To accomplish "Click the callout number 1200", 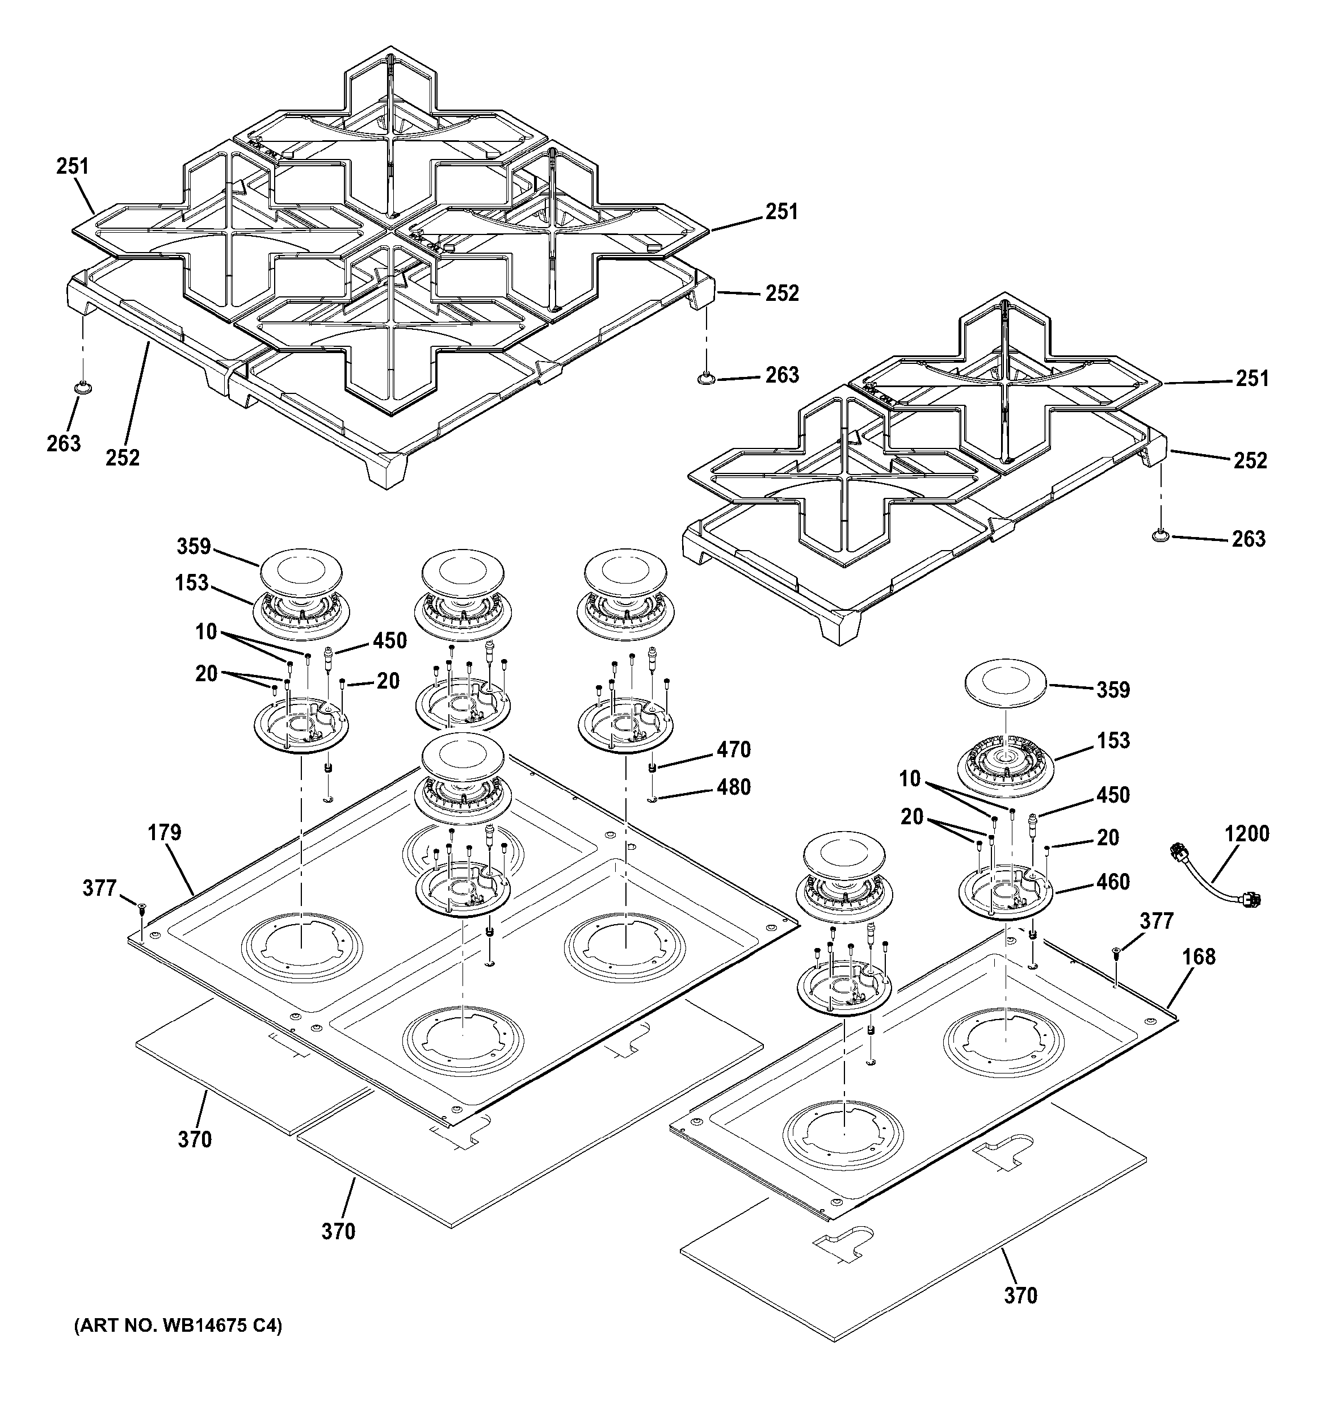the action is pos(1247,834).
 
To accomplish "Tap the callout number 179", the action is pos(165,833).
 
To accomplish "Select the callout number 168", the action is pos(1199,957).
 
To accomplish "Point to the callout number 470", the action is pos(733,750).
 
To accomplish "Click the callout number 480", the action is pos(733,787).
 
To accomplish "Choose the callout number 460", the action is pos(1113,882).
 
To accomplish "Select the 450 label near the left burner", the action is pos(390,641).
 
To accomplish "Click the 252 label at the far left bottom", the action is pos(123,458).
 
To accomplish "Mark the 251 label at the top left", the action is pos(73,167).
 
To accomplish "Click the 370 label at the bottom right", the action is pos(1020,1295).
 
